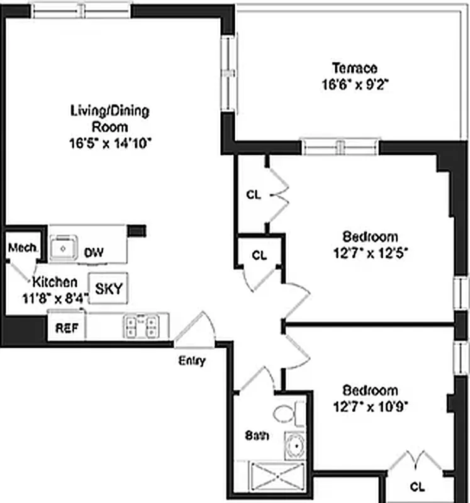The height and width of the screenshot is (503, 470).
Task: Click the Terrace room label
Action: pos(355,68)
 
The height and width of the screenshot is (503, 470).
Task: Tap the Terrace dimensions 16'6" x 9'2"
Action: pos(355,84)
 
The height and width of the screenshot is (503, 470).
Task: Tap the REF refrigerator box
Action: pos(66,328)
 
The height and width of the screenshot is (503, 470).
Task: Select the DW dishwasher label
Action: pos(94,253)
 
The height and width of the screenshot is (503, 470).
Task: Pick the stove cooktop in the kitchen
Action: pos(142,325)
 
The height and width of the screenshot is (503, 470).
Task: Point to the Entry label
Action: pos(192,361)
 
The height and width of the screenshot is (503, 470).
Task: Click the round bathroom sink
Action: pos(293,445)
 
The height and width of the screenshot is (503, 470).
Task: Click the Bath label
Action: pos(257,435)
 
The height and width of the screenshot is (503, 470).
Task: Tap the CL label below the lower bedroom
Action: pos(417,486)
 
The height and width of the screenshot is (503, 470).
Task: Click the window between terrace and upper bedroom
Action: pos(340,147)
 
